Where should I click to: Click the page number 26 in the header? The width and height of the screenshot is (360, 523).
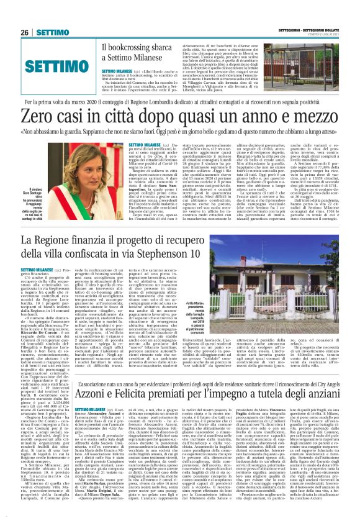click(25, 32)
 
